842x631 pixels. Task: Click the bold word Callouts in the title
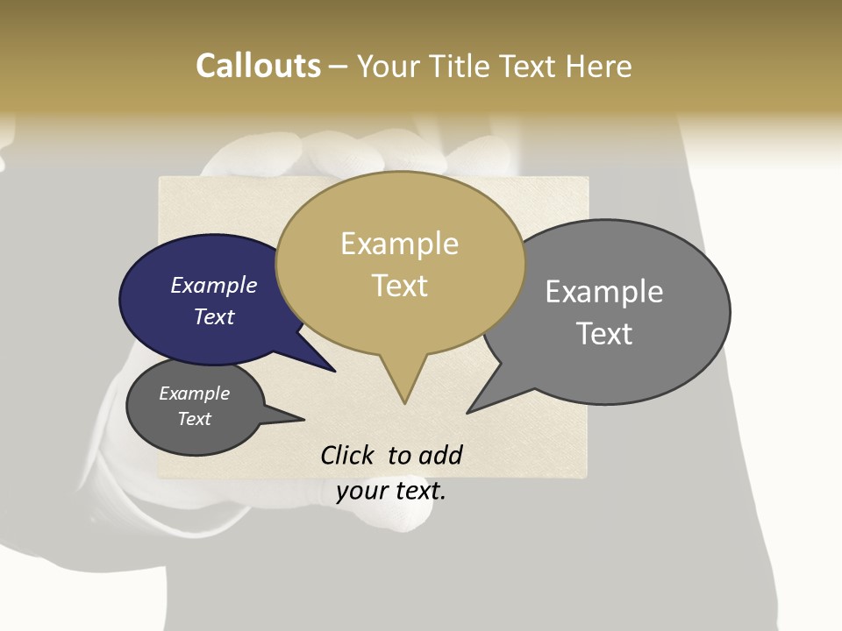tap(258, 67)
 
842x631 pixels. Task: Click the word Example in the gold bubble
tap(399, 244)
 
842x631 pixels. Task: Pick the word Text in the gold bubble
tap(399, 286)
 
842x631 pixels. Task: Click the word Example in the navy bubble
tap(213, 285)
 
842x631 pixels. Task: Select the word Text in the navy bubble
tap(213, 316)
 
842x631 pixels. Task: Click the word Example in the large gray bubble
tap(603, 292)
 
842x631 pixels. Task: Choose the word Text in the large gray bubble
tap(603, 334)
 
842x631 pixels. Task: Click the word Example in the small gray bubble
tap(194, 393)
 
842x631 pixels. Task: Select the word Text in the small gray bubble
tap(194, 419)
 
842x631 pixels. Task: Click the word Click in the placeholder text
tap(347, 455)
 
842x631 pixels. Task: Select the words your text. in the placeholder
tap(390, 491)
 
